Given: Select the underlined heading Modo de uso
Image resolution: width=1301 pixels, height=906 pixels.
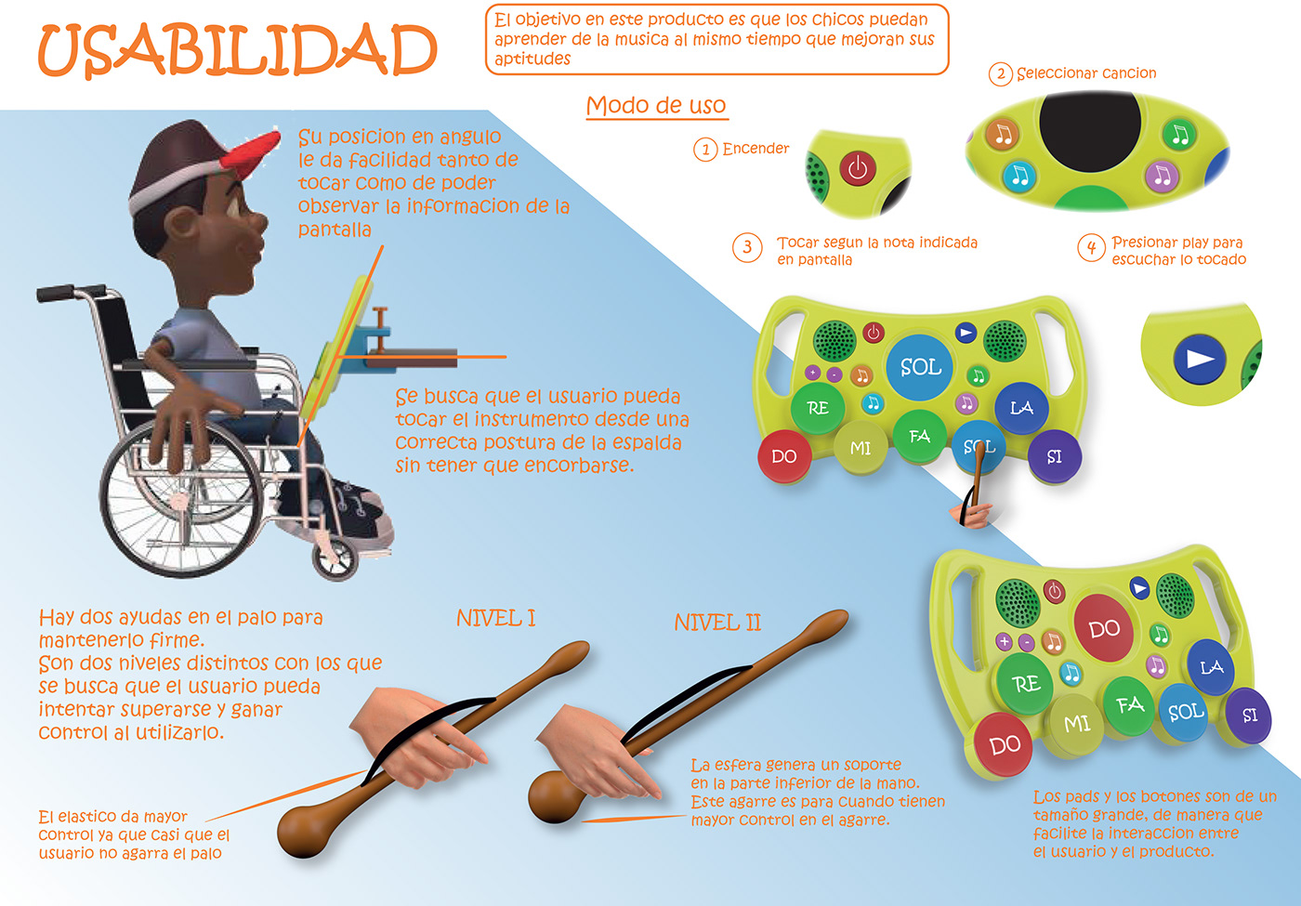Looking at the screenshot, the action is [656, 105].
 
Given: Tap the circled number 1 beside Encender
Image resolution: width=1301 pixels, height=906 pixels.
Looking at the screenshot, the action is [705, 149].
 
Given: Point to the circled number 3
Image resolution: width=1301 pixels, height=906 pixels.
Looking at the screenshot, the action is [747, 248].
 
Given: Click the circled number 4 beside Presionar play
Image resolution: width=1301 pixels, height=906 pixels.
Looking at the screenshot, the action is [1091, 247].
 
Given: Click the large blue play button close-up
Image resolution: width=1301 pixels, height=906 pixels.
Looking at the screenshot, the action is [1200, 360].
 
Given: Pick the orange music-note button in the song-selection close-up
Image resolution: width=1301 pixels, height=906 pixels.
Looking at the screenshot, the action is [1003, 134].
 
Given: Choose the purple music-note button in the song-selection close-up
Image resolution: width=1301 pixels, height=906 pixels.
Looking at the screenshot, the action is [1161, 175].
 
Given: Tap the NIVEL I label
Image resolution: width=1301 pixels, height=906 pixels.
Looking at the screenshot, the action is [495, 618].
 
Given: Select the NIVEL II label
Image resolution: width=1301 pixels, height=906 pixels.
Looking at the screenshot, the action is [717, 623].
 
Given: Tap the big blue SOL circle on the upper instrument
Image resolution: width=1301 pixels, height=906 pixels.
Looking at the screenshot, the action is [921, 367].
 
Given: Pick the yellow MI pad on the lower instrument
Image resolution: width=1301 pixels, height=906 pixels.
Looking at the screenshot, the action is [1077, 723].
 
